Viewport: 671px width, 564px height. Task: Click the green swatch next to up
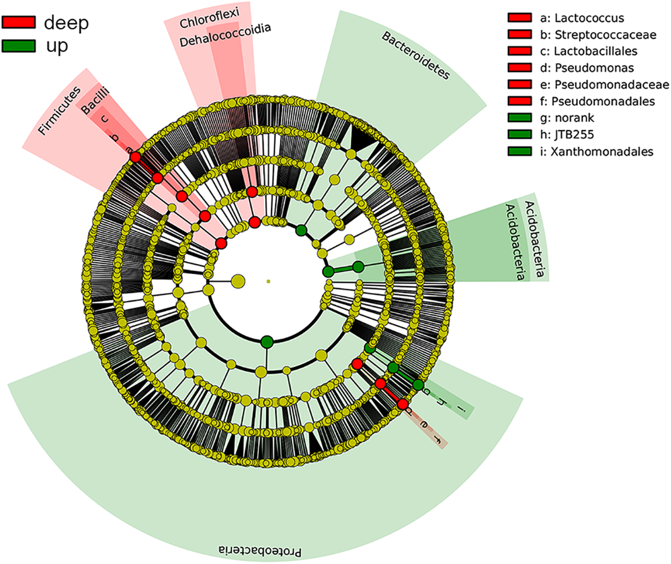tap(18, 46)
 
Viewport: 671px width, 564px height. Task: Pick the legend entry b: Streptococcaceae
tap(605, 34)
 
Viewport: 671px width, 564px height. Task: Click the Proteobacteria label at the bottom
tap(260, 551)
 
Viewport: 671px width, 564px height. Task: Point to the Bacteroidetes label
tap(416, 55)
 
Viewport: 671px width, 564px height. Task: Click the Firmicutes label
tap(59, 111)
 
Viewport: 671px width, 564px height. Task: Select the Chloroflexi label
tap(209, 18)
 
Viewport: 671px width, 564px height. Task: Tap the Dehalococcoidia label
tap(225, 35)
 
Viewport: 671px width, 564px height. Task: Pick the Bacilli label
tap(95, 101)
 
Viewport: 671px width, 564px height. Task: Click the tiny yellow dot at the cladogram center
tap(268, 281)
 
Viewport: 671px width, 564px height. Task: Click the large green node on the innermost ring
tap(267, 342)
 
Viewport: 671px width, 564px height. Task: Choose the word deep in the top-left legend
tap(66, 23)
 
